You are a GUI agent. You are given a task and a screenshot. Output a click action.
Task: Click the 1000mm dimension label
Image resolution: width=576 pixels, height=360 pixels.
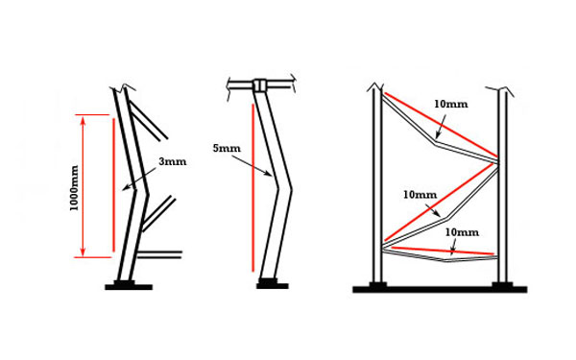point(74,186)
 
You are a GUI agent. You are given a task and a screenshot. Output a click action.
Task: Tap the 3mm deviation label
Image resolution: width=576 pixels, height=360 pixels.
point(174,162)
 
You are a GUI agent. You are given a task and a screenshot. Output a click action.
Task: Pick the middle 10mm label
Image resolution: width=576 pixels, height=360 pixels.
point(418,195)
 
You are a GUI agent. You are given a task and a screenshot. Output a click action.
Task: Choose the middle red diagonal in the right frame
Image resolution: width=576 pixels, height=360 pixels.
point(440,201)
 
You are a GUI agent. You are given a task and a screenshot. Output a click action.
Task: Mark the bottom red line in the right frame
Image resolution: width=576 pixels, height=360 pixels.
point(440,251)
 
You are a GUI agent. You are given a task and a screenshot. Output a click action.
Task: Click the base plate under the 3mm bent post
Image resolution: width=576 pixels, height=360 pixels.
point(130,285)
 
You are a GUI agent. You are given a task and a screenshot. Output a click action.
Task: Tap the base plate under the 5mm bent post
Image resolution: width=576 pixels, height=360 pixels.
point(273,284)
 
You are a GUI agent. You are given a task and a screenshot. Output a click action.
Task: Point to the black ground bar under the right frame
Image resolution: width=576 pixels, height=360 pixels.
point(439,288)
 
